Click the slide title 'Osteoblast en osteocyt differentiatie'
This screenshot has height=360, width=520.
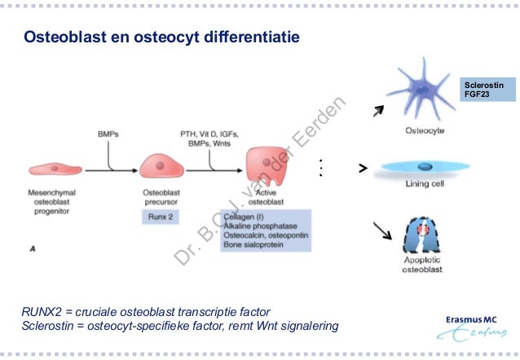pos(161,37)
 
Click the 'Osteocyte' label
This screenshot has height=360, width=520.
pos(425,130)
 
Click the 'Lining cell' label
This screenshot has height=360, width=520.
pos(425,185)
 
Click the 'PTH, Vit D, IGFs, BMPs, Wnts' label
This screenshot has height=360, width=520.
pos(209,138)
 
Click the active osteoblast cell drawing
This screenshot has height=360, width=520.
pos(269,166)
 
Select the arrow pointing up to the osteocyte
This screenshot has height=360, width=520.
pos(377,111)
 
